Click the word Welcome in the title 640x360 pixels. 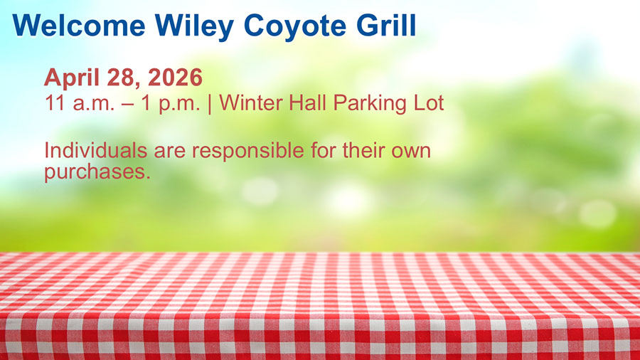78,26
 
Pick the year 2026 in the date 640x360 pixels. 175,77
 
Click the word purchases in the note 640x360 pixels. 97,173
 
